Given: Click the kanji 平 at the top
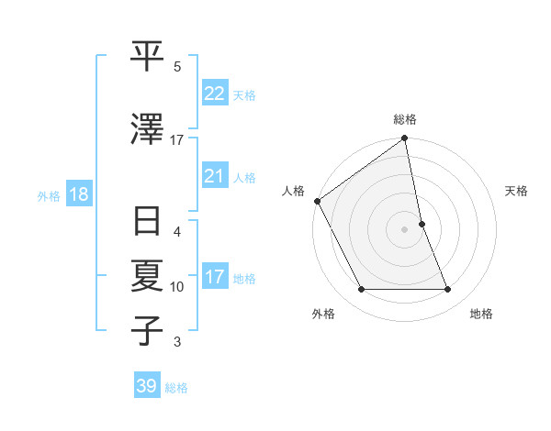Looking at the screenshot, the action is point(148,57).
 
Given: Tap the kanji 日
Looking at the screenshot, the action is point(148,224).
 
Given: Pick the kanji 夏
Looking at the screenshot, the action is point(148,275).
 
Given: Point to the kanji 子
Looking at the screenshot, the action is point(148,330).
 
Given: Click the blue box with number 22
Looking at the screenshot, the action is point(215,94).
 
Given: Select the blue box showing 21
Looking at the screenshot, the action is point(215,176).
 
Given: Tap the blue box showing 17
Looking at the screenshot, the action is point(215,277).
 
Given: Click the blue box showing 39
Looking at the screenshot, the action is point(147,386).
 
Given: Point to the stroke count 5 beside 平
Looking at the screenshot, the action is point(177,67).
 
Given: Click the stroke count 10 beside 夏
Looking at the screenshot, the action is point(177,287).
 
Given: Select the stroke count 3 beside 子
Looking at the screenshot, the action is point(177,342).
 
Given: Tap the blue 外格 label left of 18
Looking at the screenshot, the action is point(49,196).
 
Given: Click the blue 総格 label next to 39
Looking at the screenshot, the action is point(176,388).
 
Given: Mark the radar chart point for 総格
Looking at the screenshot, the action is point(404,139).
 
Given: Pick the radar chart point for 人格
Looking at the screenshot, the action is point(317,201).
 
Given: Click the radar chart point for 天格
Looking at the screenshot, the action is point(422,224).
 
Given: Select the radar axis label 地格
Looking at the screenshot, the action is point(481,315).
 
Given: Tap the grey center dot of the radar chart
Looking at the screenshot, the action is point(404,229).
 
